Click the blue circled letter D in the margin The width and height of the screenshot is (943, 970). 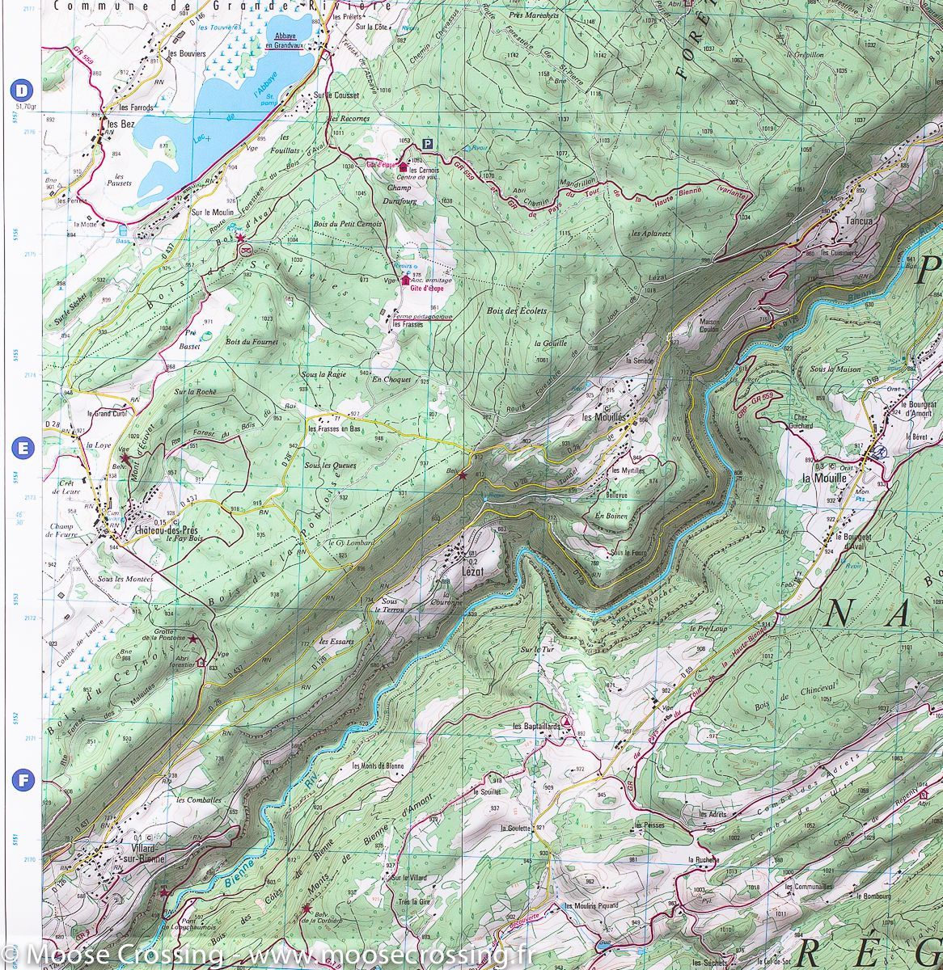click(22, 89)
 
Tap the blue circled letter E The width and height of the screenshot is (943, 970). click(22, 447)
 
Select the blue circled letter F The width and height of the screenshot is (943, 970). click(22, 780)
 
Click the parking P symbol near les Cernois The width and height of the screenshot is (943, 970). click(427, 143)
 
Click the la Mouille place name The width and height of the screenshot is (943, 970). click(822, 478)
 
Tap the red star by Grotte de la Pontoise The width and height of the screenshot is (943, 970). click(193, 639)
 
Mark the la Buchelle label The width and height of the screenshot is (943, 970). click(702, 859)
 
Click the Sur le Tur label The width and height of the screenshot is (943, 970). click(535, 649)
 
